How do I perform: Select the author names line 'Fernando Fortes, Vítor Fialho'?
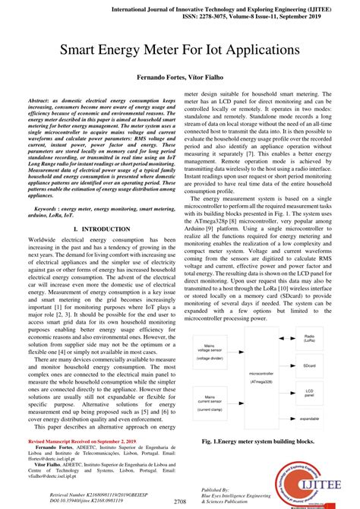[179, 78]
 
